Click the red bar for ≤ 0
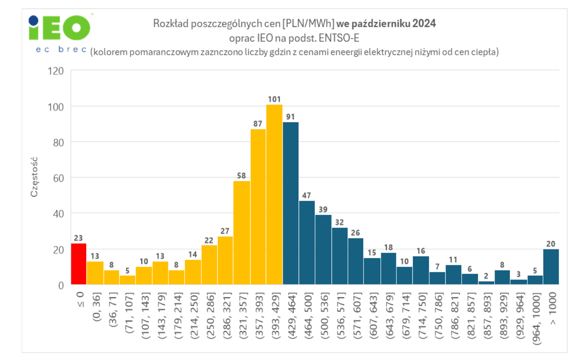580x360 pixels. pos(78,264)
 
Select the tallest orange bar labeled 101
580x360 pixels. pos(274,194)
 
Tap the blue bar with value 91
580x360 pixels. pos(290,203)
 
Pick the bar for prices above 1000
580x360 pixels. pos(551,267)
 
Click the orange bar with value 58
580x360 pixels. pos(242,233)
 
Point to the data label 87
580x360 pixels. pos(258,124)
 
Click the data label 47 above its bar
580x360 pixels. pos(306,196)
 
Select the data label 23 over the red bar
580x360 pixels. pos(78,238)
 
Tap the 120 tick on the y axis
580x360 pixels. pos(56,71)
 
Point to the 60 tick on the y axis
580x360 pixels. pos(58,178)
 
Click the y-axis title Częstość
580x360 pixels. pos(34,177)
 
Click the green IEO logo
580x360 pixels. pos(60,28)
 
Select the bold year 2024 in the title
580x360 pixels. pos(424,23)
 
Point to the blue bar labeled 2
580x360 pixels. pos(486,282)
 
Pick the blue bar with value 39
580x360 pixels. pos(323,249)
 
